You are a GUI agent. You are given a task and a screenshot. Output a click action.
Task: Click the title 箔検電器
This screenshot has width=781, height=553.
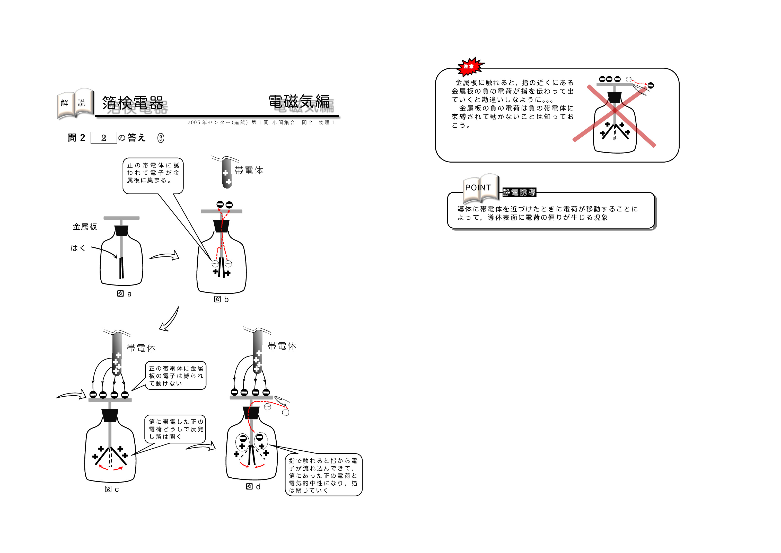tap(133, 103)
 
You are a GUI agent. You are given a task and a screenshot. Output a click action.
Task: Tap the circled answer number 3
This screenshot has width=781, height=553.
tap(161, 138)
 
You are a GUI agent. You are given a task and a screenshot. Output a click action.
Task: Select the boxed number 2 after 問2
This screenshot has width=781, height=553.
tap(103, 138)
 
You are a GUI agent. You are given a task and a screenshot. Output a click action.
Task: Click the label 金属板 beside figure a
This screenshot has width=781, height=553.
tap(85, 227)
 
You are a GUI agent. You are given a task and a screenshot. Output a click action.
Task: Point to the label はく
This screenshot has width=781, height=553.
tap(78, 248)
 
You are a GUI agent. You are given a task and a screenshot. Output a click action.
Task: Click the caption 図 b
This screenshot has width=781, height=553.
tap(221, 299)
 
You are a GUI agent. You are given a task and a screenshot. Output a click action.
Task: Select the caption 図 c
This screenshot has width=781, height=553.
tap(112, 489)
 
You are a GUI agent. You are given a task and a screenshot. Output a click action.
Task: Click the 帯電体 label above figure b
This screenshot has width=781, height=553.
tap(249, 170)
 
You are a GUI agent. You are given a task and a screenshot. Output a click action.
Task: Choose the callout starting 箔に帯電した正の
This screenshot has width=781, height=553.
tap(176, 429)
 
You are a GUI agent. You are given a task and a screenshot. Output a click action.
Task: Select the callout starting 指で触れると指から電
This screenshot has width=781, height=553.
tap(323, 475)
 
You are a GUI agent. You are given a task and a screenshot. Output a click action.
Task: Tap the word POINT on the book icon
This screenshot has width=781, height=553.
tap(478, 188)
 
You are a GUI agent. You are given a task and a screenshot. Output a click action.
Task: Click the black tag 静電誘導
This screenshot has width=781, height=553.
tap(519, 192)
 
